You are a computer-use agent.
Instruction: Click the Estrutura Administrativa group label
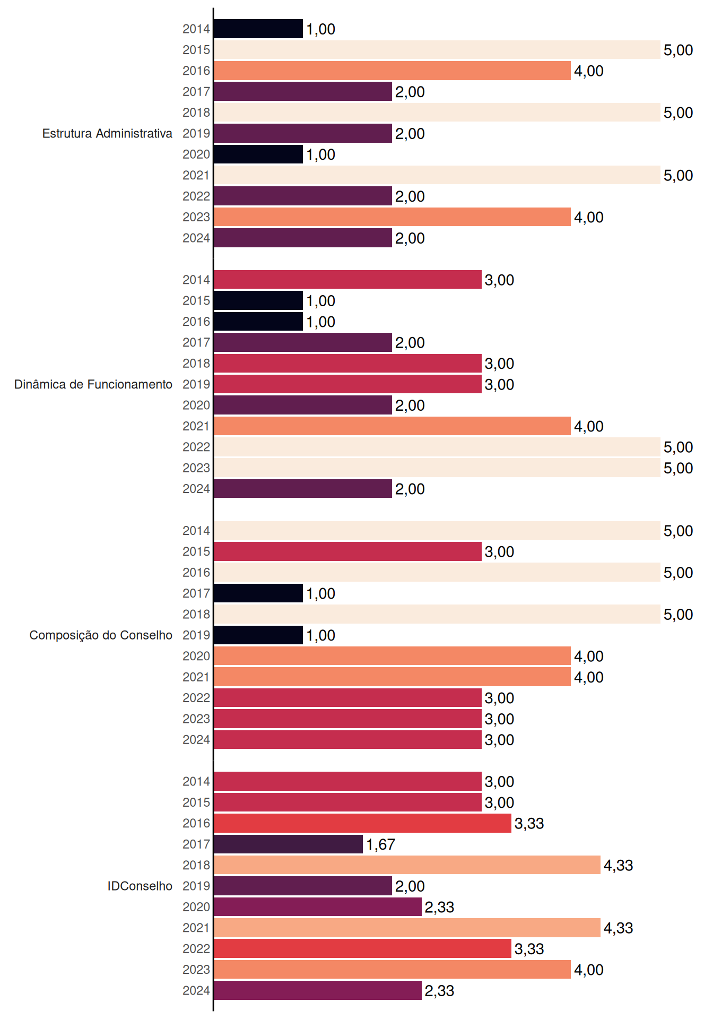click(x=107, y=133)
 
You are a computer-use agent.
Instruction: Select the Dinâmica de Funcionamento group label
click(x=93, y=384)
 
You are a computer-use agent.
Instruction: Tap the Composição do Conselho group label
click(x=101, y=635)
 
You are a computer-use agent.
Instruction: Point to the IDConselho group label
click(x=140, y=886)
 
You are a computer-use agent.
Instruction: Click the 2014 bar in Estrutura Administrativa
click(x=258, y=29)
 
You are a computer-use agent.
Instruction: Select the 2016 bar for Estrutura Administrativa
click(x=392, y=71)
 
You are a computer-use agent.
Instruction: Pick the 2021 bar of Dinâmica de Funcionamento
click(x=392, y=426)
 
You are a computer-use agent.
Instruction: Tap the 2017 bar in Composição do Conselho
click(x=258, y=593)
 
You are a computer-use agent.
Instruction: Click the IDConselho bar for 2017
click(x=288, y=844)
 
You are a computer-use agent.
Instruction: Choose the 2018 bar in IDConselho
click(x=407, y=865)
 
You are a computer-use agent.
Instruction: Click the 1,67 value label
click(x=381, y=844)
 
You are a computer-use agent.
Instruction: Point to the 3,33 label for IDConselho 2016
click(x=529, y=824)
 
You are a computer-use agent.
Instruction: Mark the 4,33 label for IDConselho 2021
click(x=619, y=928)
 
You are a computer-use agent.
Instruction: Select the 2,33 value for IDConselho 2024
click(x=440, y=991)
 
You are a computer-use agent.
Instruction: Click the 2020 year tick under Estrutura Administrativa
click(x=196, y=154)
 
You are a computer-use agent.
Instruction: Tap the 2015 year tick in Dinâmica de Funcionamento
click(x=196, y=301)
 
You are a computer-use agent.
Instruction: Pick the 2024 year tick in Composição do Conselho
click(x=196, y=740)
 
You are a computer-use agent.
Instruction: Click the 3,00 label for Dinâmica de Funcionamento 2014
click(x=500, y=280)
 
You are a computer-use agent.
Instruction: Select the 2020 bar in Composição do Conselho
click(x=392, y=656)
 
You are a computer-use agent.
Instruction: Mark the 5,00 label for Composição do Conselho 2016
click(x=679, y=573)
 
